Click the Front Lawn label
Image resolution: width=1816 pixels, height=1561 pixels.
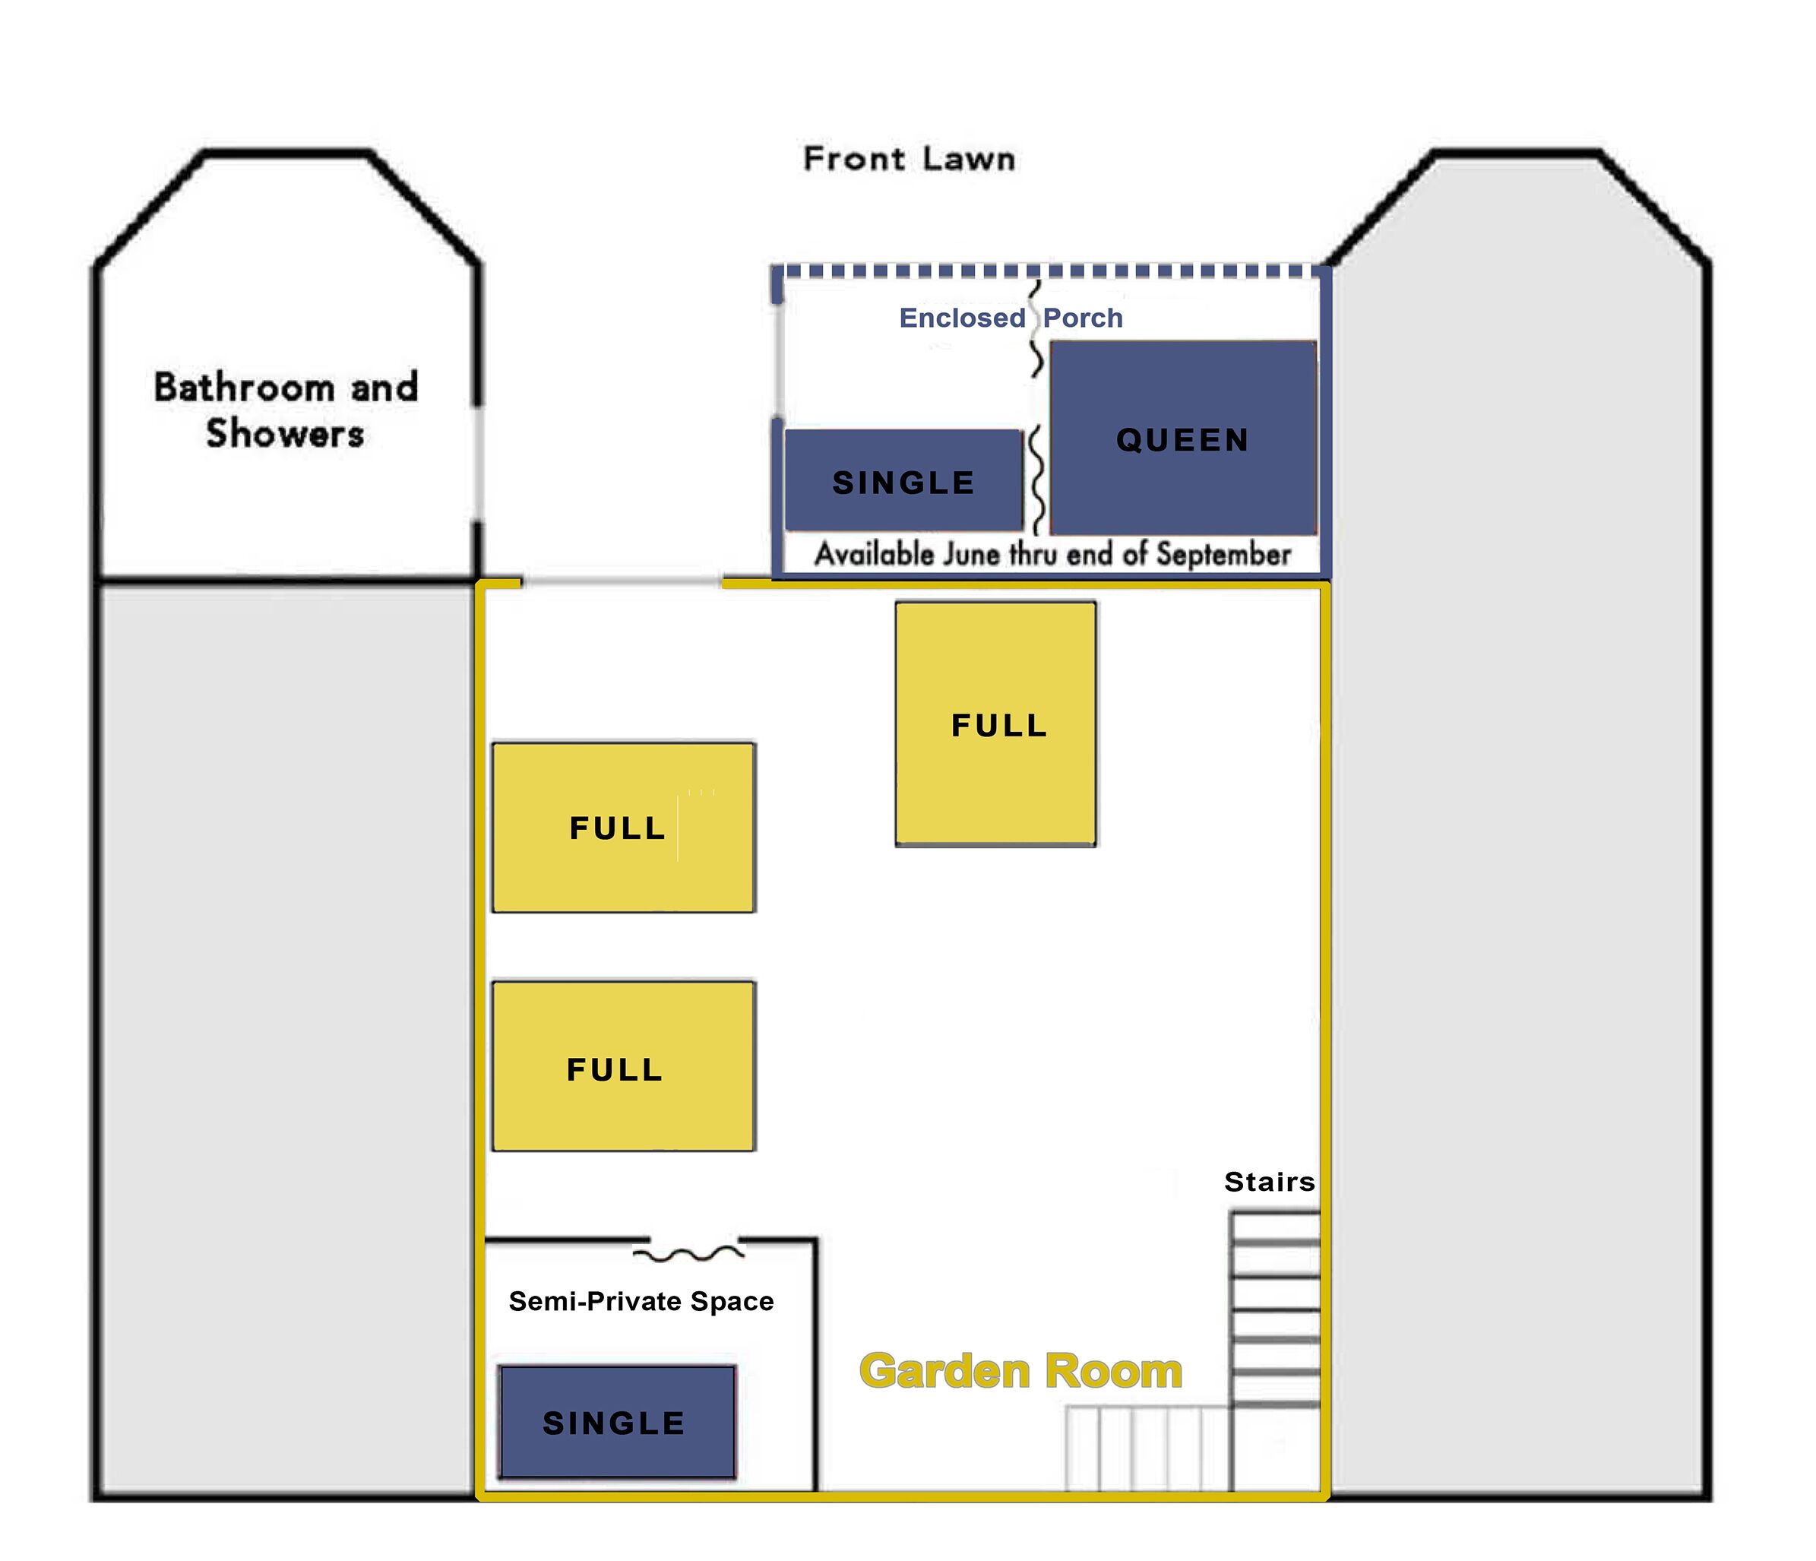909,159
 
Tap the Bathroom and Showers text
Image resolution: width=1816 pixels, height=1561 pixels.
286,410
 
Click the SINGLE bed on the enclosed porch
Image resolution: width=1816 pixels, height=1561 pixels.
903,480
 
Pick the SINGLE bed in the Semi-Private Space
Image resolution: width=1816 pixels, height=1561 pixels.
617,1422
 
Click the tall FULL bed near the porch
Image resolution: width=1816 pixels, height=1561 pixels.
995,723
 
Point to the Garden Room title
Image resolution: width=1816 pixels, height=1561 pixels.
1021,1371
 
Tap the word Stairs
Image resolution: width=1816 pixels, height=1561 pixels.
1270,1182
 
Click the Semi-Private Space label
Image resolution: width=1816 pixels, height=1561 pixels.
641,1302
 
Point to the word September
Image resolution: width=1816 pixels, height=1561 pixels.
1223,554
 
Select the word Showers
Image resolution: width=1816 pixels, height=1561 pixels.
285,433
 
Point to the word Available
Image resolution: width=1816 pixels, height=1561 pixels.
874,554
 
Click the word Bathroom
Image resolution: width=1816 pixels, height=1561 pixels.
244,388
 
